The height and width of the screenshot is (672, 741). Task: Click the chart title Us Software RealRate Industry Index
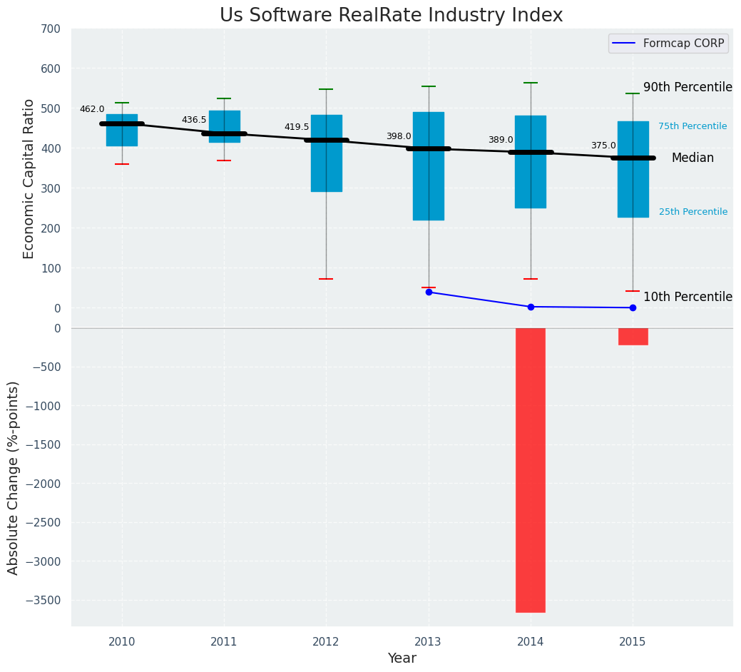391,16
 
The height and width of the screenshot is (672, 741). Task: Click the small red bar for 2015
633,336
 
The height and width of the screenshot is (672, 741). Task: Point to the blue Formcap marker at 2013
429,292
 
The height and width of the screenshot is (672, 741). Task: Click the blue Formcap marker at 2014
531,307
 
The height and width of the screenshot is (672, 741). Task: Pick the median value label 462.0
92,109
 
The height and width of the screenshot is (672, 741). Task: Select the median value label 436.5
194,120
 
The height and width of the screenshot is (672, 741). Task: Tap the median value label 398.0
399,136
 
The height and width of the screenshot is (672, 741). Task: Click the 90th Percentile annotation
688,87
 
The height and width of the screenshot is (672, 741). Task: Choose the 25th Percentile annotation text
693,212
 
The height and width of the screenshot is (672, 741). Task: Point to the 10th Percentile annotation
688,297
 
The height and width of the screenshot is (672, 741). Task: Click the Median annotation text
693,158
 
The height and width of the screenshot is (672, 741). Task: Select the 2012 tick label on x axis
326,642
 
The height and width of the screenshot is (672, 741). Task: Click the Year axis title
402,658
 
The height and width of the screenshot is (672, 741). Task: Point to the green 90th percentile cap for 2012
326,89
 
